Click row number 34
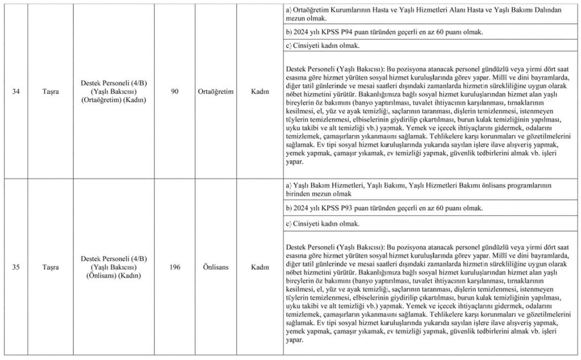(x=16, y=91)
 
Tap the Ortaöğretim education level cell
(x=216, y=91)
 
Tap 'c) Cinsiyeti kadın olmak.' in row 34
(x=323, y=45)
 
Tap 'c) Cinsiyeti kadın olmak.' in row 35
(x=323, y=224)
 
